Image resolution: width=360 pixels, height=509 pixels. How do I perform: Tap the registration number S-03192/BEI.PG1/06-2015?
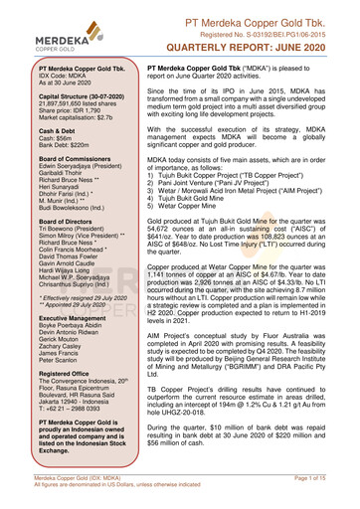coord(282,27)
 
